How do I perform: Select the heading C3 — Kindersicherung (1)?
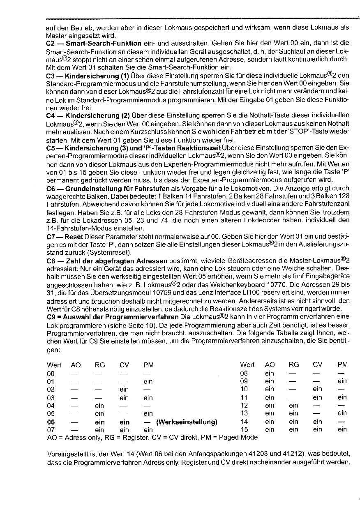(x=88, y=76)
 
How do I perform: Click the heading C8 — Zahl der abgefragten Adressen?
(x=107, y=261)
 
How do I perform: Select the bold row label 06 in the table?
(x=51, y=422)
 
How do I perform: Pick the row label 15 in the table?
(x=244, y=429)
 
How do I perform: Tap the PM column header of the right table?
(x=342, y=364)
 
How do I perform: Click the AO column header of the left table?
(x=76, y=365)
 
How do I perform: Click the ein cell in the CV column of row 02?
(x=124, y=390)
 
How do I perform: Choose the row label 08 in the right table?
(x=244, y=374)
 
